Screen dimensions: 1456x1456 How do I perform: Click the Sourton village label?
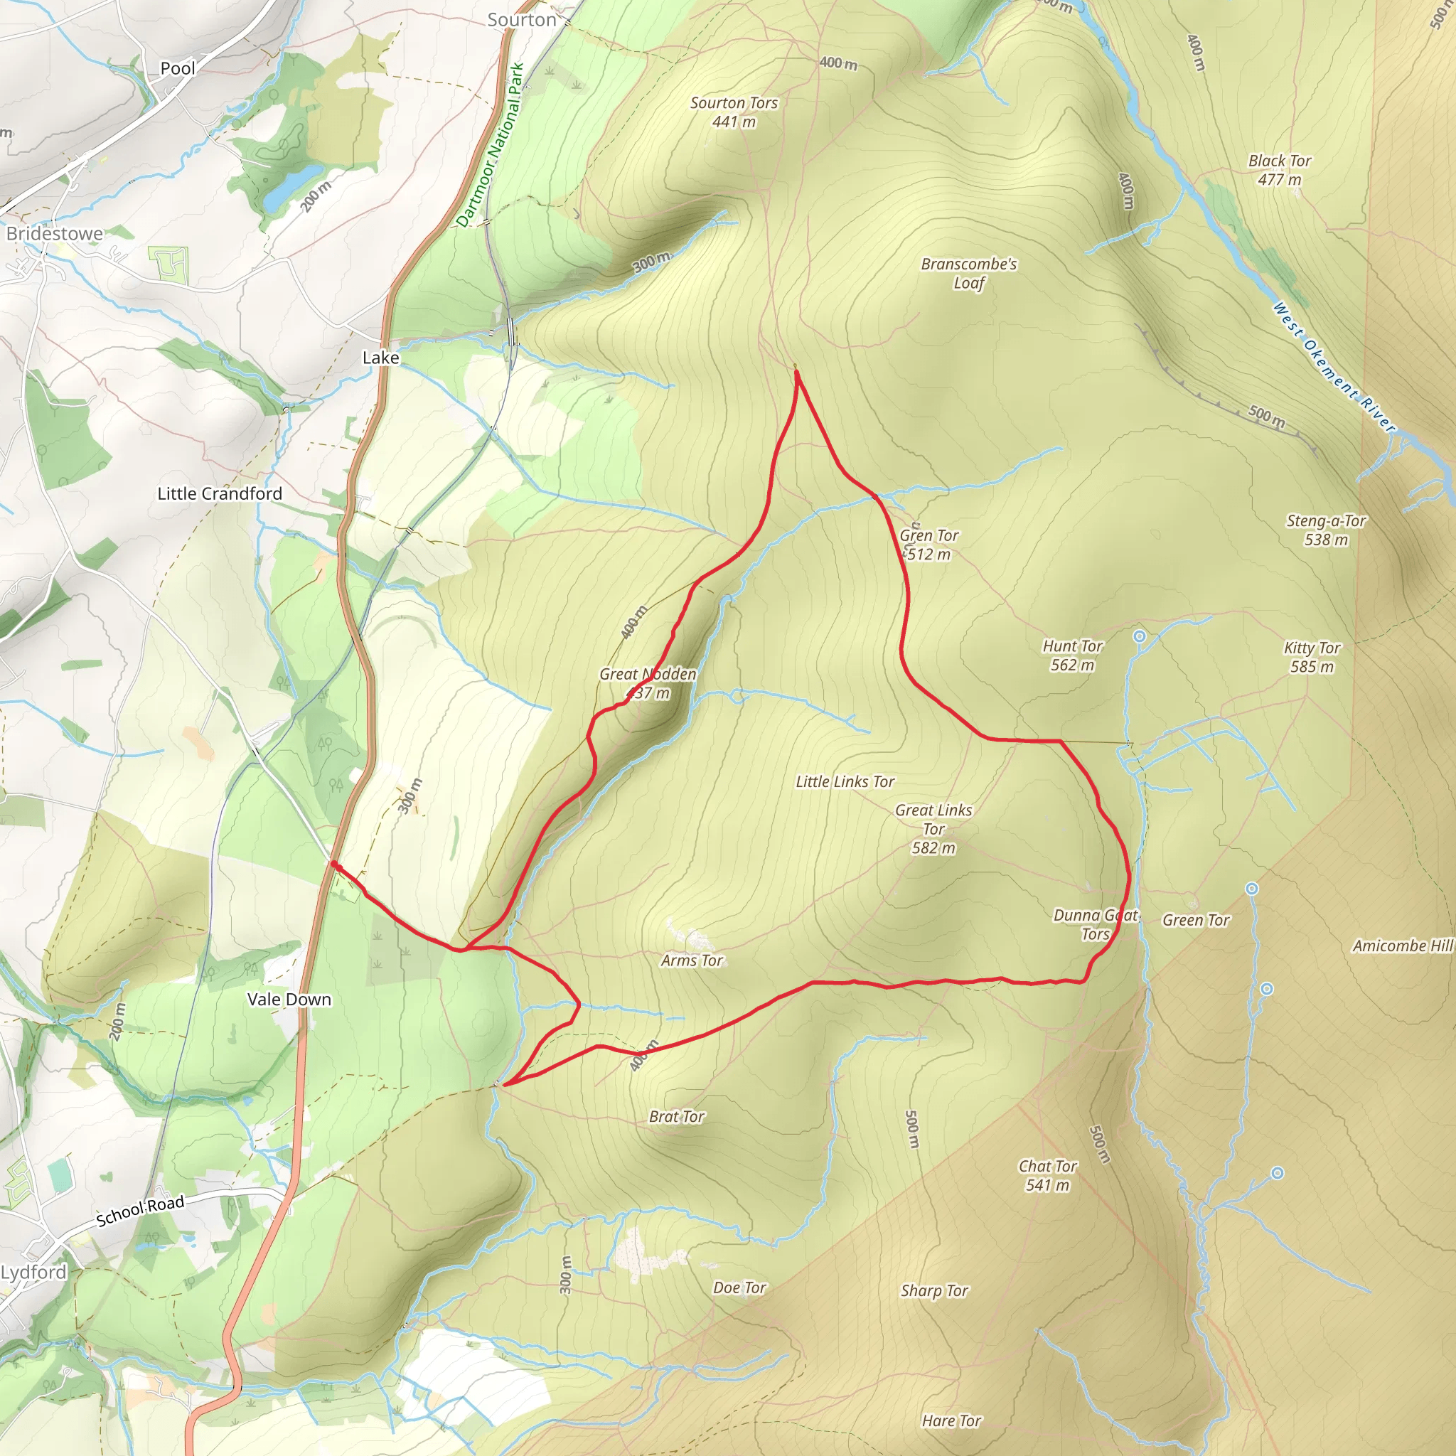pyautogui.click(x=522, y=21)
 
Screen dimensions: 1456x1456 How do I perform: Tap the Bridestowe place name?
pyautogui.click(x=54, y=234)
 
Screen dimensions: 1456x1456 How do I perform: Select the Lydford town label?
pyautogui.click(x=34, y=1272)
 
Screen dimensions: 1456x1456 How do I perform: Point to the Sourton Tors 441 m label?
pyautogui.click(x=733, y=112)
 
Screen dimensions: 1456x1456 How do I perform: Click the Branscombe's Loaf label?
pyautogui.click(x=968, y=274)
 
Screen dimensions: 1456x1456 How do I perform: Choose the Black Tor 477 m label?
pyautogui.click(x=1279, y=170)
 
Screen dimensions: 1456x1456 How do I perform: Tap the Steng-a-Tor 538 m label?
pyautogui.click(x=1326, y=530)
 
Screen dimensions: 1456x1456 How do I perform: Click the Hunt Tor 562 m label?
pyautogui.click(x=1071, y=655)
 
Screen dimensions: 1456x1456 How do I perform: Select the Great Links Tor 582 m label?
pyautogui.click(x=933, y=828)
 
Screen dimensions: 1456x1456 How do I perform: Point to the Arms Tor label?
pyautogui.click(x=691, y=960)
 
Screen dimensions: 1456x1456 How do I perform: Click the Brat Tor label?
pyautogui.click(x=676, y=1116)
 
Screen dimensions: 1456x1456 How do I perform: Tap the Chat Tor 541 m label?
pyautogui.click(x=1046, y=1175)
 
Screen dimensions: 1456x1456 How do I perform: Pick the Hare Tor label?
pyautogui.click(x=951, y=1420)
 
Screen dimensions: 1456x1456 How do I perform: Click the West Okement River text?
pyautogui.click(x=1333, y=367)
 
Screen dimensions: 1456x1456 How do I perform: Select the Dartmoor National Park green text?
pyautogui.click(x=490, y=145)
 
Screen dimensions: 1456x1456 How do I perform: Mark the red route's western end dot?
pyautogui.click(x=334, y=865)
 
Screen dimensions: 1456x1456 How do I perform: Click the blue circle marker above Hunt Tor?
pyautogui.click(x=1140, y=637)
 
